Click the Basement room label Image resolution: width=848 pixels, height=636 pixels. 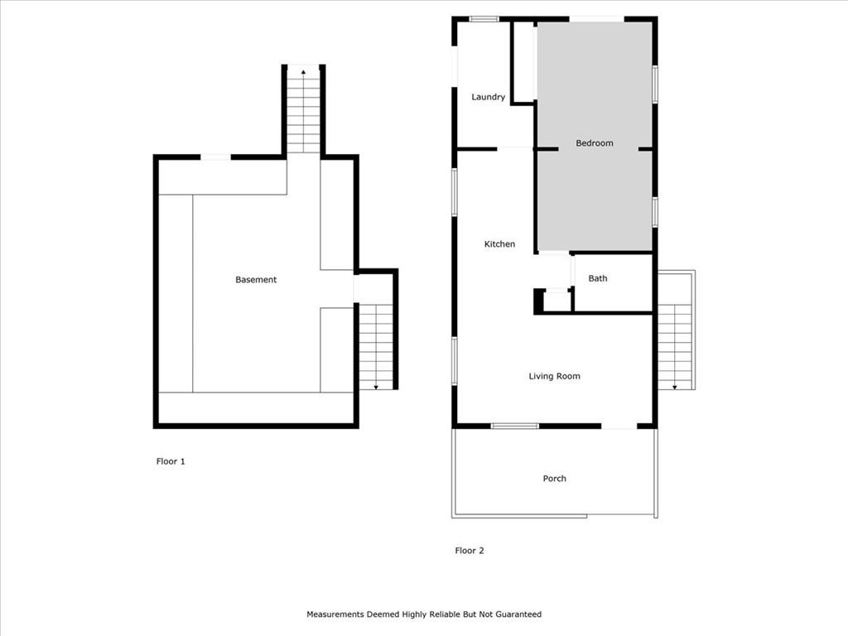point(256,280)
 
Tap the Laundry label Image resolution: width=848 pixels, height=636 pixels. point(489,97)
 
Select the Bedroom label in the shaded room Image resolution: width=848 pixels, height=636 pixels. point(595,142)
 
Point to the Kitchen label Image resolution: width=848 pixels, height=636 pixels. point(499,244)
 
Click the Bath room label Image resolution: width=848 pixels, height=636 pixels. point(598,278)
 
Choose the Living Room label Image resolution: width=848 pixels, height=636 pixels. point(554,376)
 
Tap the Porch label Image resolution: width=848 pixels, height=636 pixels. point(554,478)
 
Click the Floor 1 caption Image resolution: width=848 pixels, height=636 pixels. point(171,461)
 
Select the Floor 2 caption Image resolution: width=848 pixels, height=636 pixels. point(470,551)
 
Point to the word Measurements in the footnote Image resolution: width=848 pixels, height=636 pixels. point(335,614)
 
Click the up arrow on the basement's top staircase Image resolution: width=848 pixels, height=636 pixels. point(303,71)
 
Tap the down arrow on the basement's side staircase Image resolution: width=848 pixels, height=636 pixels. point(376,388)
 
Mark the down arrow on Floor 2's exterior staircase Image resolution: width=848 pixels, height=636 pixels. point(675,388)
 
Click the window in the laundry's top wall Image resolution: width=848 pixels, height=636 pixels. point(484,20)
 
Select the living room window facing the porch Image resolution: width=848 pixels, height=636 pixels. point(515,426)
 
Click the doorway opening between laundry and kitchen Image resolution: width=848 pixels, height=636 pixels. point(515,149)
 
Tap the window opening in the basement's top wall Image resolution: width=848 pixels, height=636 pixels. point(216,157)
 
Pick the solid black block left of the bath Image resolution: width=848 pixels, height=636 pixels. point(538,301)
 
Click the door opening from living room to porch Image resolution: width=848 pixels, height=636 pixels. point(619,426)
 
